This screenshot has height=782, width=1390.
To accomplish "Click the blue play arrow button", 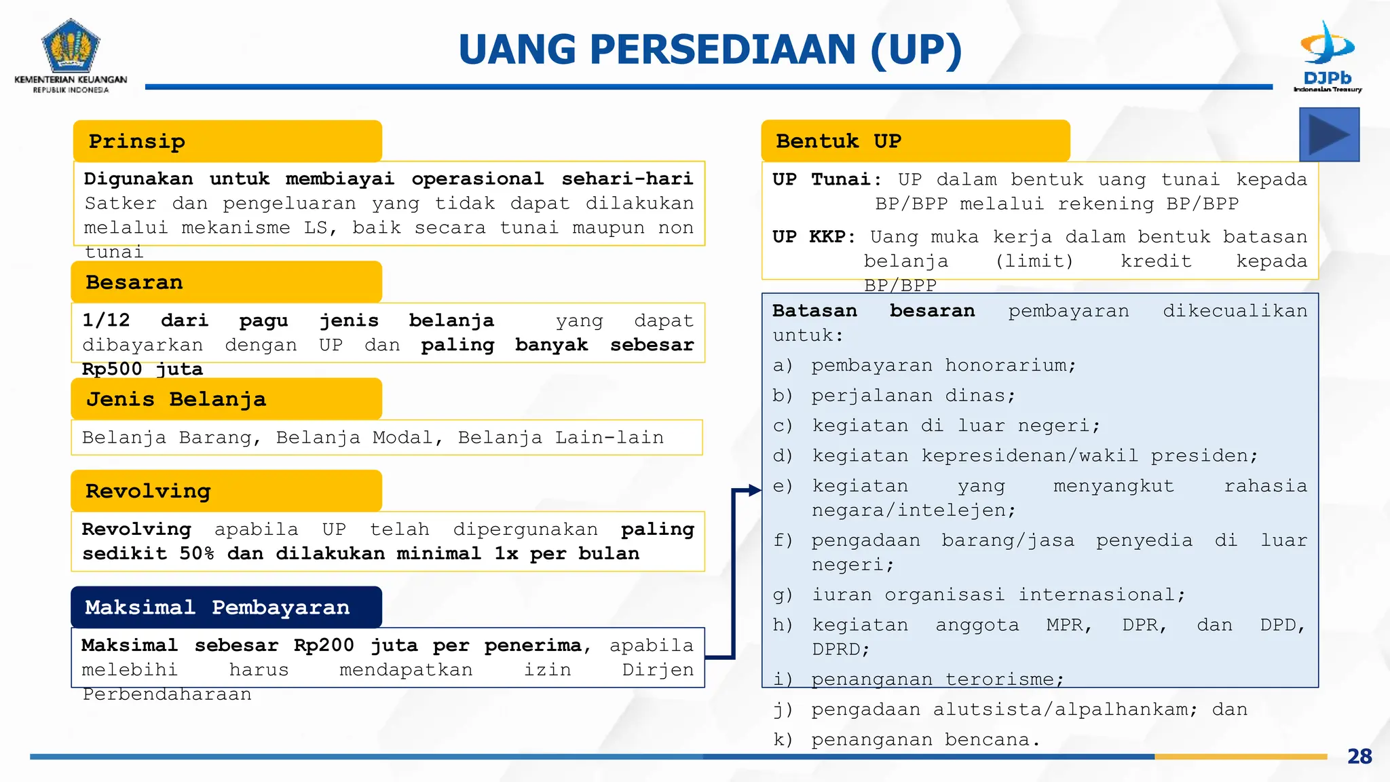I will click(x=1329, y=135).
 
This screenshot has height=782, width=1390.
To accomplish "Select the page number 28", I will click(x=1359, y=756).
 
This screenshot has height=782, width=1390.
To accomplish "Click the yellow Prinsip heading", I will click(x=227, y=141).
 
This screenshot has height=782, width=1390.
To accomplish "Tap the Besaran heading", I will click(x=226, y=282).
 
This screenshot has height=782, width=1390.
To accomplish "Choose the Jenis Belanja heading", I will click(x=226, y=399).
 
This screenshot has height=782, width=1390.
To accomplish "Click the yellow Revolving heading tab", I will click(x=226, y=491).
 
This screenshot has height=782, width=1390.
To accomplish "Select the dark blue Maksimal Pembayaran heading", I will click(x=226, y=607).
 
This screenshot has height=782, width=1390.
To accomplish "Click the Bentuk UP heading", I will click(x=915, y=141).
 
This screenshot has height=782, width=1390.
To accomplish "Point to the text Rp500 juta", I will click(x=143, y=369).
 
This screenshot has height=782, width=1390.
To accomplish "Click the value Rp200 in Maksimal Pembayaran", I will click(x=324, y=645).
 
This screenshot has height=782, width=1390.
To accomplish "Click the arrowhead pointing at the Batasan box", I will click(x=754, y=490).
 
